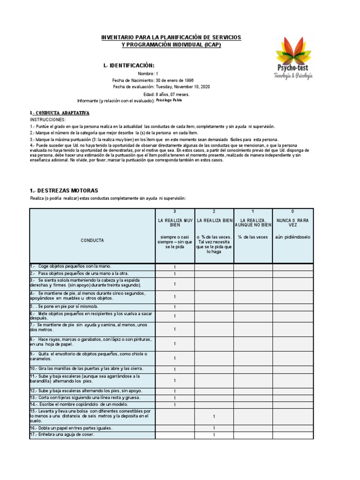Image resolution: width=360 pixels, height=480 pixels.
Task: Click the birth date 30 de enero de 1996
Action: pos(174,80)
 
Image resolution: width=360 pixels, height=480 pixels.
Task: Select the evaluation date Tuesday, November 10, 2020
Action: pos(183,87)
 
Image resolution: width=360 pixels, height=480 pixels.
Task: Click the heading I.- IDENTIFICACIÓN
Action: pos(128,65)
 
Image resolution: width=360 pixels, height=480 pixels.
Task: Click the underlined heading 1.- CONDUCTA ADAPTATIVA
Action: pos(59,113)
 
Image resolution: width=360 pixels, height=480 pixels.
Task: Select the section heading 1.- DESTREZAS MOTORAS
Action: pos(64,191)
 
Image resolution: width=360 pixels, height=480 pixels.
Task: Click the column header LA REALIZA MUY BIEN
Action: pos(175,222)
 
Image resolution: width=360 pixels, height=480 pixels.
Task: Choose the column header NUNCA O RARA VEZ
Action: pos(293,222)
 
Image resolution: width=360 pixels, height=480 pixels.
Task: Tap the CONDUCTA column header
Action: pos(92,240)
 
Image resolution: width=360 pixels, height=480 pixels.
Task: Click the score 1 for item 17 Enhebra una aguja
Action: pos(214,435)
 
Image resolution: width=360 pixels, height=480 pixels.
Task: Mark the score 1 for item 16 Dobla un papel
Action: pos(214,428)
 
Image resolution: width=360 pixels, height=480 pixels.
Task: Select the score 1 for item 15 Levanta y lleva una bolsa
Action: pos(214,416)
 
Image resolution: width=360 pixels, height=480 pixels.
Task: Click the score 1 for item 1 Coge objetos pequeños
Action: pos(175,267)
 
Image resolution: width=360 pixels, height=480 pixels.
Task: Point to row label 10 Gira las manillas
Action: pos(86,369)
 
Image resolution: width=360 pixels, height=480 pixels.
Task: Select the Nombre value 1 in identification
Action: pos(157,74)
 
